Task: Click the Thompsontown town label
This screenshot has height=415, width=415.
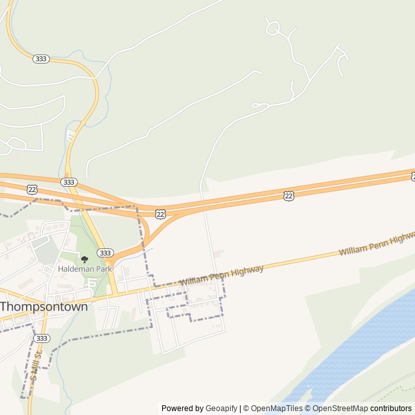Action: [44, 307]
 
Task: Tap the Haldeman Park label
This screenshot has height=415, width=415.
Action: [85, 268]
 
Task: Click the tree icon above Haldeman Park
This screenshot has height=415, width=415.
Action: [84, 259]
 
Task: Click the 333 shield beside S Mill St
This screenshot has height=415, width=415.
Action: [41, 338]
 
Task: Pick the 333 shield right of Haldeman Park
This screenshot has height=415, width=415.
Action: [105, 252]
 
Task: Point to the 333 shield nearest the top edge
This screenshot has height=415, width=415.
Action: [40, 58]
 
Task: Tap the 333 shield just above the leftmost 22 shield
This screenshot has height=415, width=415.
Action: [68, 182]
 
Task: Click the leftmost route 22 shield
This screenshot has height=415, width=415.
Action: [32, 189]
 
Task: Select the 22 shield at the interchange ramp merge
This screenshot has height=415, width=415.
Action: [160, 213]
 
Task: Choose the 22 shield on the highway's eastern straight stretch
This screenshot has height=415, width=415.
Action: [289, 195]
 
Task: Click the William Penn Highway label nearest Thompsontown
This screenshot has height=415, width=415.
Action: [222, 275]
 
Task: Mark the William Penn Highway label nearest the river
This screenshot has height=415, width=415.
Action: [376, 243]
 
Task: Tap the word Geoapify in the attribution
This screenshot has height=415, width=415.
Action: [221, 409]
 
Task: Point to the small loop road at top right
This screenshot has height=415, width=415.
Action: [272, 28]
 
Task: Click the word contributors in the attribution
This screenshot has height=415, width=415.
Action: [391, 409]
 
